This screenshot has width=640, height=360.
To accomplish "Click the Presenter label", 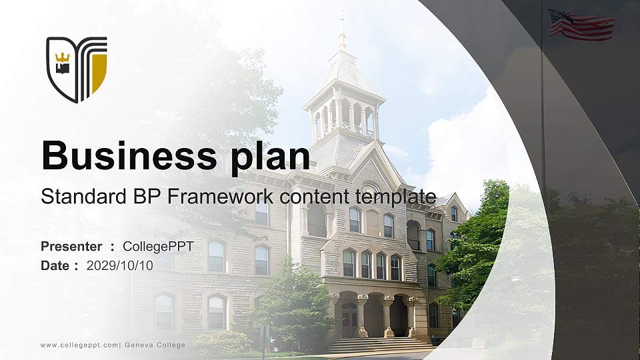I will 71,247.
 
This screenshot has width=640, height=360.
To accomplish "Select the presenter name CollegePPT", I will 158,247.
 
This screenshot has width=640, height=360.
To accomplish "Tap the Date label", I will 55,265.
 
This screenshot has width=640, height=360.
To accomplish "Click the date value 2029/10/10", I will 120,265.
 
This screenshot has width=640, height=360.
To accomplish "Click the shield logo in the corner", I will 76,69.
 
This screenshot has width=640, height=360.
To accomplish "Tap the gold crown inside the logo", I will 63,56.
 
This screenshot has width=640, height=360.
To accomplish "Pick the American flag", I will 580,25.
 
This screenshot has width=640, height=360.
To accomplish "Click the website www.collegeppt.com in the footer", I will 79,345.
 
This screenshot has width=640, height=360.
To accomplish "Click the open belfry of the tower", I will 343,117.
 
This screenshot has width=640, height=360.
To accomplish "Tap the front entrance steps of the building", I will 380,345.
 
